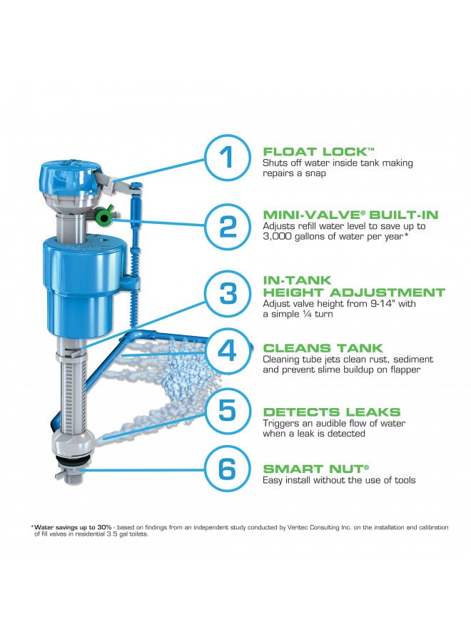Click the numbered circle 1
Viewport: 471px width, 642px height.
227,158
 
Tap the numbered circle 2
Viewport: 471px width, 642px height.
227,226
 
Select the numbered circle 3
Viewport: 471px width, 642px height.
227,292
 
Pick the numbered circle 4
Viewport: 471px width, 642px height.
227,351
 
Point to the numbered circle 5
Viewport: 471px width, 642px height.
227,410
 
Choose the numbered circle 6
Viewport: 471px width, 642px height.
227,469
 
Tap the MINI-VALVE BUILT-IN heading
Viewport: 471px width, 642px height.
350,214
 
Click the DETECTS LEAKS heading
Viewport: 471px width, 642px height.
332,412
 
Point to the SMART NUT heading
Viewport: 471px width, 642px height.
315,469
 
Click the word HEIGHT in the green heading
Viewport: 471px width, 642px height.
295,292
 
